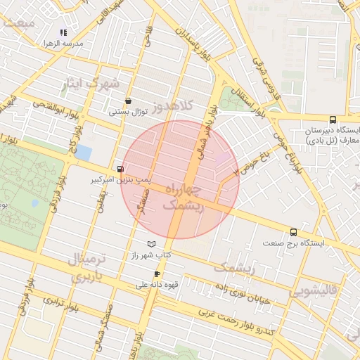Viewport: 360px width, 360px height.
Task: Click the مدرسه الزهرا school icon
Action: pos(63,32)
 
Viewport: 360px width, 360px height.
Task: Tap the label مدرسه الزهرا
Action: pos(63,44)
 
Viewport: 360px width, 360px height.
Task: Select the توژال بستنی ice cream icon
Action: pos(127,101)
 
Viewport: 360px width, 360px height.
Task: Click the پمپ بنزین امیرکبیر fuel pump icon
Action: pos(120,169)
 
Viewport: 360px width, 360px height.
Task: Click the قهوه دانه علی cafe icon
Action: pos(156,274)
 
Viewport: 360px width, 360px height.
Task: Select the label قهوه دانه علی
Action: pos(151,285)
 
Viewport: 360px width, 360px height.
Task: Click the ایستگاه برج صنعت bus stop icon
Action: pos(293,232)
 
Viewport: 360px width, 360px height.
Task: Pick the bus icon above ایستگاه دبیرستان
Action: pos(332,120)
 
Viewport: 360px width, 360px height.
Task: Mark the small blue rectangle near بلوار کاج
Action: pos(84,152)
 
